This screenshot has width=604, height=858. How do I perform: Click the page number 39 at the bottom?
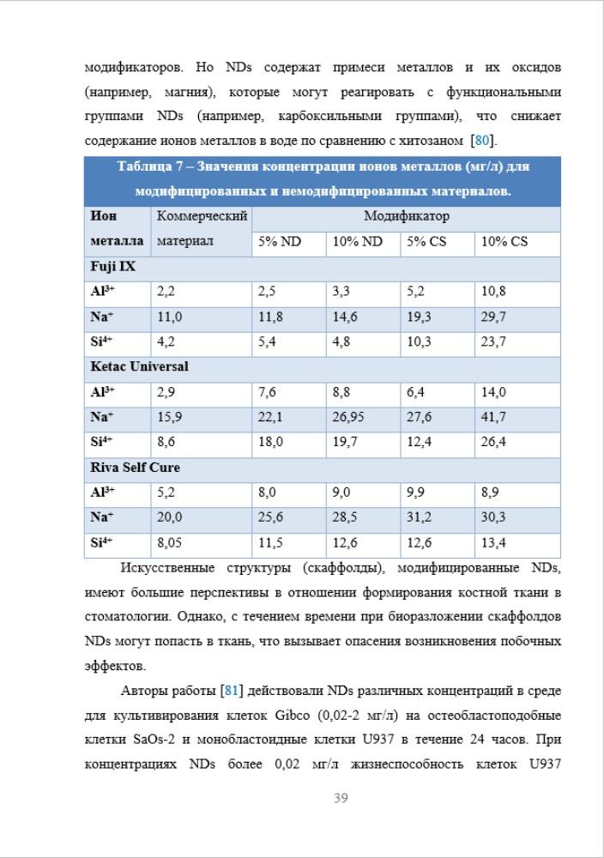point(340,799)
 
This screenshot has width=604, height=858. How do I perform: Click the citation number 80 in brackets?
point(482,140)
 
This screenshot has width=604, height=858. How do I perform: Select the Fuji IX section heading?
point(113,267)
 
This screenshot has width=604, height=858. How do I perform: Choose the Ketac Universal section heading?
point(140,366)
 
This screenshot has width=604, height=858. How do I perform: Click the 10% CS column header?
point(504,242)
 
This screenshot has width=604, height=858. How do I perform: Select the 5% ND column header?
point(280,242)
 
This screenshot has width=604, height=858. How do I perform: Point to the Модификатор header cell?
point(407,217)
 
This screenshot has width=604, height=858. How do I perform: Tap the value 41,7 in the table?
point(493,417)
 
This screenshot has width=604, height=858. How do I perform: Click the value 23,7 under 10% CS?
point(493,341)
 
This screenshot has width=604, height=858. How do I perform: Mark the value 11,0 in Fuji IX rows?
point(169,317)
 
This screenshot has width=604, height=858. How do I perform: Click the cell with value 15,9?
point(169,417)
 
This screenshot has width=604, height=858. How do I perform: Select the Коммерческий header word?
point(202,217)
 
